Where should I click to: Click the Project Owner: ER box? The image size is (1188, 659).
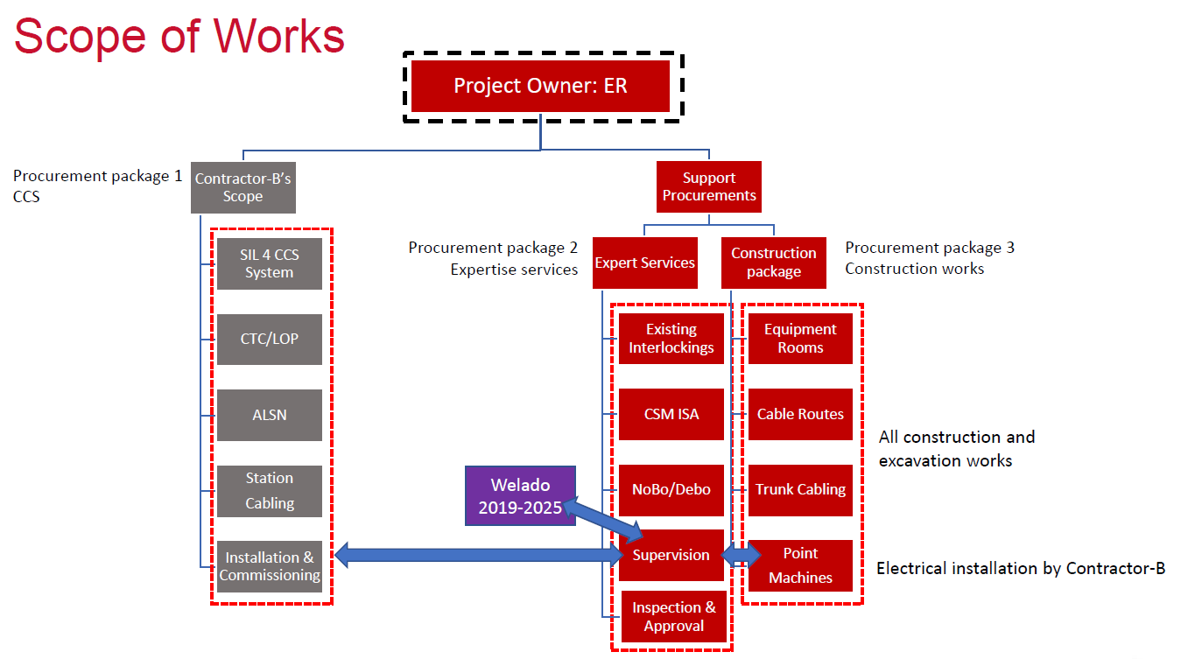(540, 86)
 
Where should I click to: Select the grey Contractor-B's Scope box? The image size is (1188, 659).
(243, 187)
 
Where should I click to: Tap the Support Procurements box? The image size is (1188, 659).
(708, 186)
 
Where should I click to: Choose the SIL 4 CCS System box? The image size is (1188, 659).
(270, 263)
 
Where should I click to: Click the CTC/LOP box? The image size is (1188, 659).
(270, 340)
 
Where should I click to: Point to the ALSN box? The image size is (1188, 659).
(270, 415)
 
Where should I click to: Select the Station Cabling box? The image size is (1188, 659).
(270, 491)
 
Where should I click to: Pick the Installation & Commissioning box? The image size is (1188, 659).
(270, 566)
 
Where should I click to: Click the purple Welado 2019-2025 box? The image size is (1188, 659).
(520, 495)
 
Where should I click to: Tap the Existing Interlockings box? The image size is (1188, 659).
(671, 338)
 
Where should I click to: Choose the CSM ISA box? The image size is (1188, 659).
(671, 414)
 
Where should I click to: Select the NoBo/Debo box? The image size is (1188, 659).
(671, 490)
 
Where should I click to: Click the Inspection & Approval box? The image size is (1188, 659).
(673, 617)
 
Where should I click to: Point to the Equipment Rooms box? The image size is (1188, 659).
(800, 338)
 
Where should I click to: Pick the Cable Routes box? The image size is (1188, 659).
(800, 414)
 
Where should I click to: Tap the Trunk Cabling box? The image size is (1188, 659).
(800, 490)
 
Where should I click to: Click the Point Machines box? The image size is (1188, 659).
(800, 565)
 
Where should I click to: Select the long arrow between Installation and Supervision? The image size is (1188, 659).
(480, 555)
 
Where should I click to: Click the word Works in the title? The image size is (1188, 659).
(279, 37)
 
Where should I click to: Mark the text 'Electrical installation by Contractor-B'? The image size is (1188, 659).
(1021, 568)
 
